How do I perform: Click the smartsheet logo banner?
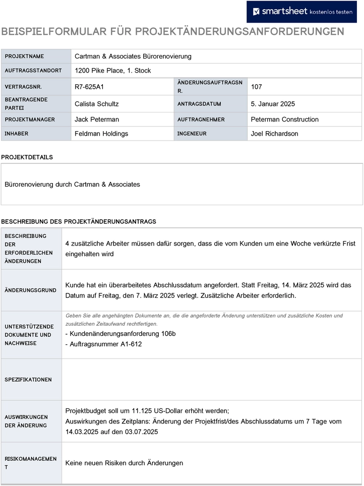[x=301, y=12]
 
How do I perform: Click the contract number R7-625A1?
[x=89, y=87]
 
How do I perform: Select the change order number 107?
[x=256, y=87]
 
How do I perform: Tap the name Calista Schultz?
[x=97, y=104]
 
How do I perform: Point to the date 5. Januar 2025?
[x=273, y=104]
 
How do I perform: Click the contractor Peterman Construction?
[x=284, y=119]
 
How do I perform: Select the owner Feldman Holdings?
[x=101, y=134]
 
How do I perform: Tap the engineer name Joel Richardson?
[x=274, y=134]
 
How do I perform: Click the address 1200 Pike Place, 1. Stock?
[x=112, y=71]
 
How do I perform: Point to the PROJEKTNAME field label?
[x=24, y=56]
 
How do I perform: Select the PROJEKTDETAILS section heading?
[x=27, y=157]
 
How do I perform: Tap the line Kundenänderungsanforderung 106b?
[x=120, y=334]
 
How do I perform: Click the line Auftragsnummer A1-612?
[x=104, y=344]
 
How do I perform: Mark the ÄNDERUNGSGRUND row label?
[x=30, y=290]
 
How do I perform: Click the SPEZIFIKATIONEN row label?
[x=28, y=380]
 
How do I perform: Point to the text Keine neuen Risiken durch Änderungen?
[x=124, y=463]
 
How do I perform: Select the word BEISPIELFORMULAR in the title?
[x=55, y=32]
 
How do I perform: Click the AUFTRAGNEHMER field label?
[x=201, y=119]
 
